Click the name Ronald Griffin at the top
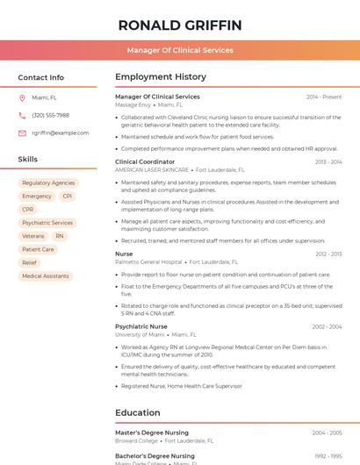179,25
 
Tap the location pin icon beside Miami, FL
22,98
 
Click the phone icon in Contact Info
22,116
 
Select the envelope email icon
22,133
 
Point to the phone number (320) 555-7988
50,116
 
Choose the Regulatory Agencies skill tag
48,182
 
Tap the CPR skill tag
28,210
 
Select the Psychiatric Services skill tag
47,223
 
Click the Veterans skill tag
33,236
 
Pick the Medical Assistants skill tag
45,276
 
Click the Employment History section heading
161,77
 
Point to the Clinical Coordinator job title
145,162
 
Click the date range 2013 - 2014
328,162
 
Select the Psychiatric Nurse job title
141,326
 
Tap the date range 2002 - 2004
327,326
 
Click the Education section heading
138,412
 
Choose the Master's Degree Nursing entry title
152,433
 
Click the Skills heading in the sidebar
28,160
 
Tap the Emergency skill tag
37,196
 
